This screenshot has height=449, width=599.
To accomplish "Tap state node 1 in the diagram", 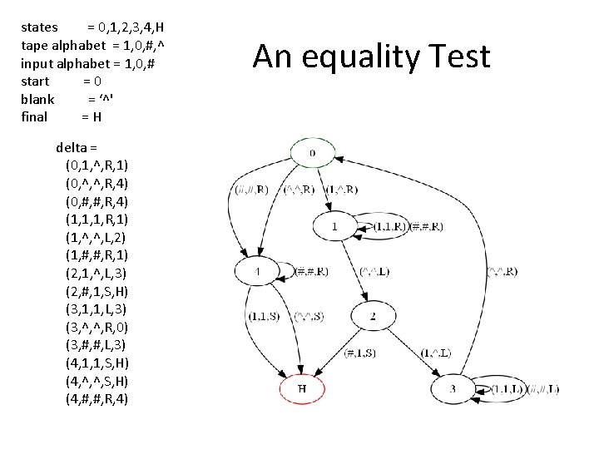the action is click(x=335, y=225).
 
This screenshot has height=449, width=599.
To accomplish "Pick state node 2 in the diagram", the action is click(x=373, y=316).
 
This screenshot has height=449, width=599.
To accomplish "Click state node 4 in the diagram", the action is click(x=259, y=271).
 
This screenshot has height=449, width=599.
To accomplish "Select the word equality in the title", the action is click(x=349, y=57).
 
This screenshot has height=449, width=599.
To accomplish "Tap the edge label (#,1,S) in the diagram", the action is click(x=360, y=353).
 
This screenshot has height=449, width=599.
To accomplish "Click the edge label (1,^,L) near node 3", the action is click(x=437, y=353).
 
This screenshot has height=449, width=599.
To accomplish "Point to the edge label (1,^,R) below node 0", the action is click(x=342, y=190).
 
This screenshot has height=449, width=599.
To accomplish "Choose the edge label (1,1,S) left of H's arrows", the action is click(x=264, y=316).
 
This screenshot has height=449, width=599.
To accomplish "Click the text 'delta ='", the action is click(x=77, y=147).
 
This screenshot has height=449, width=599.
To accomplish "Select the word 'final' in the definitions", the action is click(x=34, y=116).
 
